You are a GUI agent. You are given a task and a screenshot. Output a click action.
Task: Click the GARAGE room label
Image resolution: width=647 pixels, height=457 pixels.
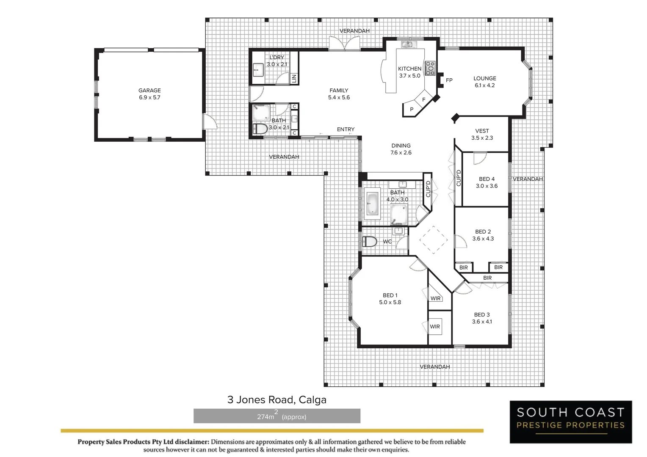click(149, 91)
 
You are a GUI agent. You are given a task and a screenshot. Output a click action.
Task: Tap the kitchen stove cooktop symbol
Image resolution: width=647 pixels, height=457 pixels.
click(429, 68)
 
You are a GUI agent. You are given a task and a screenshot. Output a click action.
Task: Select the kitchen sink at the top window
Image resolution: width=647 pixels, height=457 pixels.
click(407, 44)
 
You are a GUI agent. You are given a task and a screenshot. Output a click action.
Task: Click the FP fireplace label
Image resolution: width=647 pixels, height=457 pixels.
click(449, 80)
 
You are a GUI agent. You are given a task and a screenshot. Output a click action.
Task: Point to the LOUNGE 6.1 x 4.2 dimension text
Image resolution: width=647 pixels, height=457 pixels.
click(485, 85)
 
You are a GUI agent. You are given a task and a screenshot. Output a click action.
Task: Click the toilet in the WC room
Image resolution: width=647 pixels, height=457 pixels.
click(369, 242)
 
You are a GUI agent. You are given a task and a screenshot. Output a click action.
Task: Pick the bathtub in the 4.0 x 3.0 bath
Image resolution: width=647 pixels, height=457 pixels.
click(372, 204)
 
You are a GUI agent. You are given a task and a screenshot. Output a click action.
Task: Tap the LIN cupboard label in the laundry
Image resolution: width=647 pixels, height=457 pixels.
click(294, 78)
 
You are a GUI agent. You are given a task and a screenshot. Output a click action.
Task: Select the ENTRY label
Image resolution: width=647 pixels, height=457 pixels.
click(346, 129)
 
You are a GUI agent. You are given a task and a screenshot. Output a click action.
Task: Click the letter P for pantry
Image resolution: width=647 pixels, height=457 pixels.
click(412, 110)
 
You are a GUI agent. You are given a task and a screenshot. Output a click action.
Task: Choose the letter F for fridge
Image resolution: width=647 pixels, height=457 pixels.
click(424, 99)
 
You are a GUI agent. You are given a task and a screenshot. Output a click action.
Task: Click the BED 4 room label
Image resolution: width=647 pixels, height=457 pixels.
click(487, 179)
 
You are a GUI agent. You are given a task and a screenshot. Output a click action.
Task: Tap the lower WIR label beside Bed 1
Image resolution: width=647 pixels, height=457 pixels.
click(435, 327)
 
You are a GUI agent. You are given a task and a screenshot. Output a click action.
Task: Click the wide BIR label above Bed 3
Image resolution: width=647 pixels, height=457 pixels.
click(487, 278)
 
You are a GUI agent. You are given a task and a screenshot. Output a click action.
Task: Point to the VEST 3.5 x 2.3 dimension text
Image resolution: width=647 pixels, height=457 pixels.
click(482, 138)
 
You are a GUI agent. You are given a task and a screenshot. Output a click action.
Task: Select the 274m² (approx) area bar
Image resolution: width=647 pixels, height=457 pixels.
click(276, 416)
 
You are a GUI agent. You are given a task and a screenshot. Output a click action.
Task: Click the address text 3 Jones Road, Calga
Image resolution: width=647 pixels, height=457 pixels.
click(276, 399)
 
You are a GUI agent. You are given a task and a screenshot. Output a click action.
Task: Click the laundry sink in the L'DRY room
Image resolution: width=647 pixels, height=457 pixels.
click(258, 69)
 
